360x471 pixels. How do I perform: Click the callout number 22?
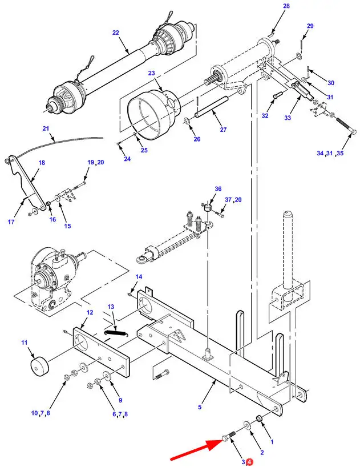116,33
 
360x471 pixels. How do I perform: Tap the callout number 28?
286,6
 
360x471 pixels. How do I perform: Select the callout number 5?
200,407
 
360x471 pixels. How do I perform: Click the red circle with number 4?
250,462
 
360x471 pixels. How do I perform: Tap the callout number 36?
218,188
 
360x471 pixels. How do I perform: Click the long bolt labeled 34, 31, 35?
346,126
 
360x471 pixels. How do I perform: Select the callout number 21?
45,128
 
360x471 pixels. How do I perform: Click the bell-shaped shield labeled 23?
153,113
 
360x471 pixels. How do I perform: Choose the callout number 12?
90,312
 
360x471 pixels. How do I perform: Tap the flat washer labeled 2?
248,425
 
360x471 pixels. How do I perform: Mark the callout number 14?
139,277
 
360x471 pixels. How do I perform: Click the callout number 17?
11,222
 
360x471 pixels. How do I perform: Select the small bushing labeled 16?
48,204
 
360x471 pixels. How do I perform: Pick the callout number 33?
288,118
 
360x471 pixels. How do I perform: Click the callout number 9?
120,400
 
